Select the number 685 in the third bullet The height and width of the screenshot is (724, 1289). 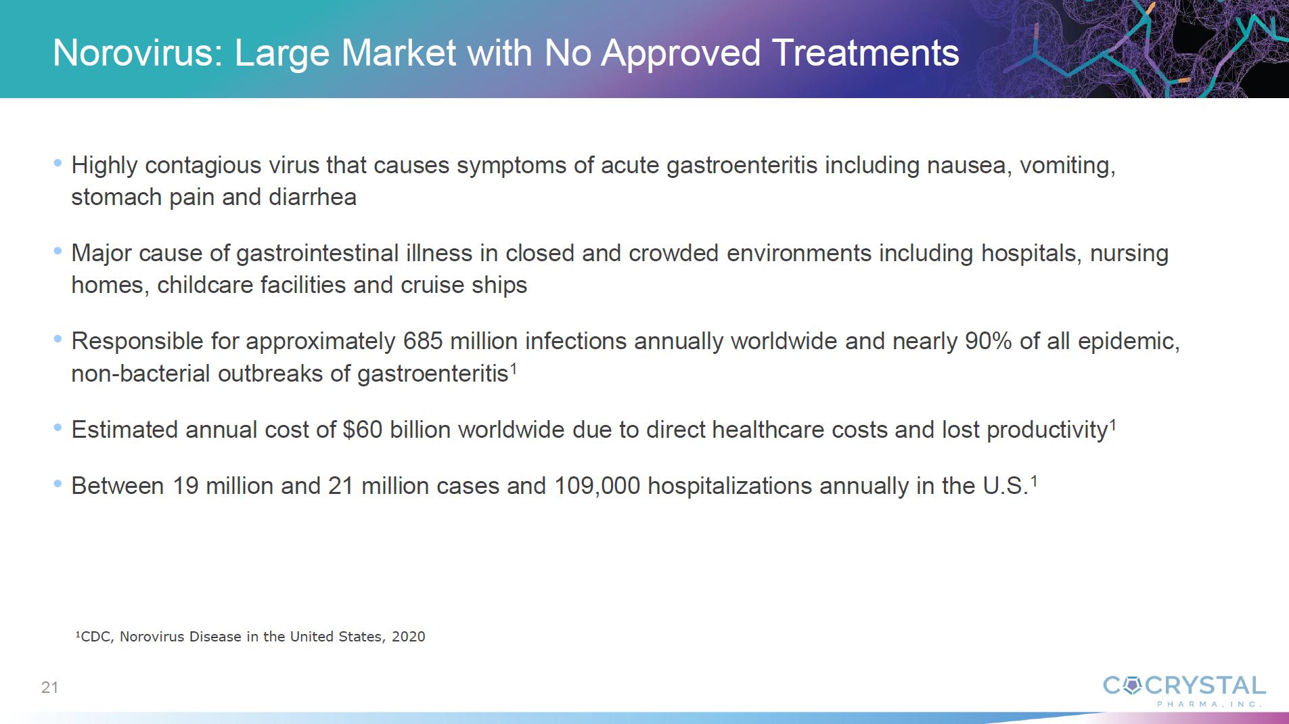(423, 341)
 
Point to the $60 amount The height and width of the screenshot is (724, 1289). (363, 430)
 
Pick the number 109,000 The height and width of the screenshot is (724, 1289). (597, 486)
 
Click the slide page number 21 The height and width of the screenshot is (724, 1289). (50, 687)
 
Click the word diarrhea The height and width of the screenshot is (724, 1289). (313, 197)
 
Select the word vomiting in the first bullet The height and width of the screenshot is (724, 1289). (1067, 166)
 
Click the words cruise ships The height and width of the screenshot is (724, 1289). (463, 286)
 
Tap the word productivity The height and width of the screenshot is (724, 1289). (1047, 430)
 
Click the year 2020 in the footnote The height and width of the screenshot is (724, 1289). (409, 637)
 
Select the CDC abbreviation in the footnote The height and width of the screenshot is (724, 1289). (95, 637)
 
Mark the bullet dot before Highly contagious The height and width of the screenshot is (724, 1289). (58, 162)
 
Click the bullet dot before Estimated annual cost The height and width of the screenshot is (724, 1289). (58, 427)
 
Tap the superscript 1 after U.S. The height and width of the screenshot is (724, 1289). (1034, 481)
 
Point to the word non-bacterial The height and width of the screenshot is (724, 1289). (141, 374)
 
